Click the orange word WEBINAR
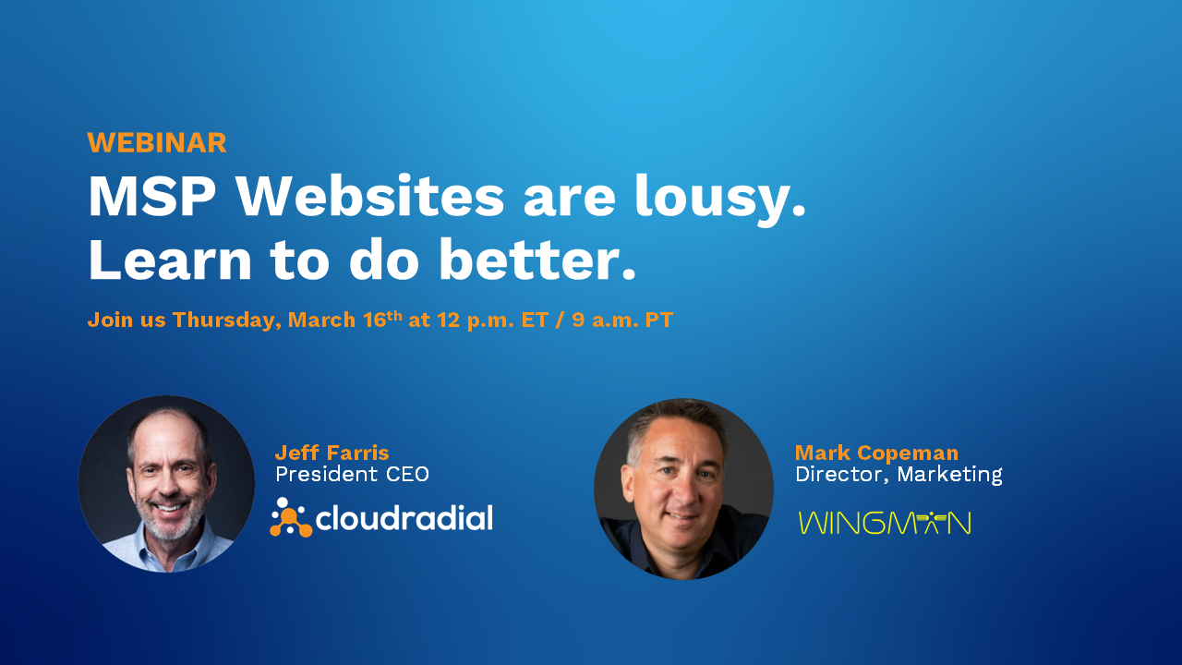click(x=156, y=143)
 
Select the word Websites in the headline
click(x=369, y=197)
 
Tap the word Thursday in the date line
click(x=226, y=320)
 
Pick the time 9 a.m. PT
click(x=623, y=320)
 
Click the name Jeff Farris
click(x=332, y=453)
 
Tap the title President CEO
click(x=352, y=475)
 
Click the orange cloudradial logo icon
click(x=290, y=518)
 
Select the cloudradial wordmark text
click(x=404, y=518)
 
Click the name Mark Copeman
click(x=876, y=453)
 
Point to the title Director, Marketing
click(x=899, y=475)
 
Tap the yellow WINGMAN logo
click(x=884, y=523)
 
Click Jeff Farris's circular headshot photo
click(x=166, y=484)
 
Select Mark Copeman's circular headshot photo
click(x=683, y=489)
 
